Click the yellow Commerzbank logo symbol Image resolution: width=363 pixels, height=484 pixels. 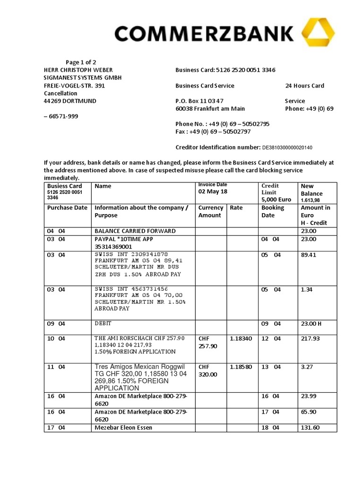tap(319, 33)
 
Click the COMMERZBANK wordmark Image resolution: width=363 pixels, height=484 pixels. tap(203, 34)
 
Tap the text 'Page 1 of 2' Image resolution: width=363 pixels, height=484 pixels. tap(81, 62)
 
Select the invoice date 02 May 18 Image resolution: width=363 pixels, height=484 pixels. tap(213, 191)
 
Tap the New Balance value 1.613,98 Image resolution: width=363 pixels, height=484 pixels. tap(311, 200)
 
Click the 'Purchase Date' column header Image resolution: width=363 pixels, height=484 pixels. tap(67, 207)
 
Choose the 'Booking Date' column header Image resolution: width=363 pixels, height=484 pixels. tap(273, 211)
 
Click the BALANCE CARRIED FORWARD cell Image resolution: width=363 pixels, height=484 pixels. tap(135, 231)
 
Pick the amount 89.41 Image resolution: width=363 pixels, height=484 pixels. tap(308, 255)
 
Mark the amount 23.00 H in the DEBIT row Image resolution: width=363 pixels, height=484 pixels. tap(311, 324)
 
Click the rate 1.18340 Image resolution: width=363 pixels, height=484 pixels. tap(241, 338)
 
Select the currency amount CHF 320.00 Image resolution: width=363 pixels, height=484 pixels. tap(208, 371)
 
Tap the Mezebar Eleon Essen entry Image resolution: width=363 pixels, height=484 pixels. tap(123, 428)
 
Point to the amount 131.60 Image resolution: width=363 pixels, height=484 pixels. tap(310, 428)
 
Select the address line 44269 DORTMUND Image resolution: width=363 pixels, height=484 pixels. tap(67, 101)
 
